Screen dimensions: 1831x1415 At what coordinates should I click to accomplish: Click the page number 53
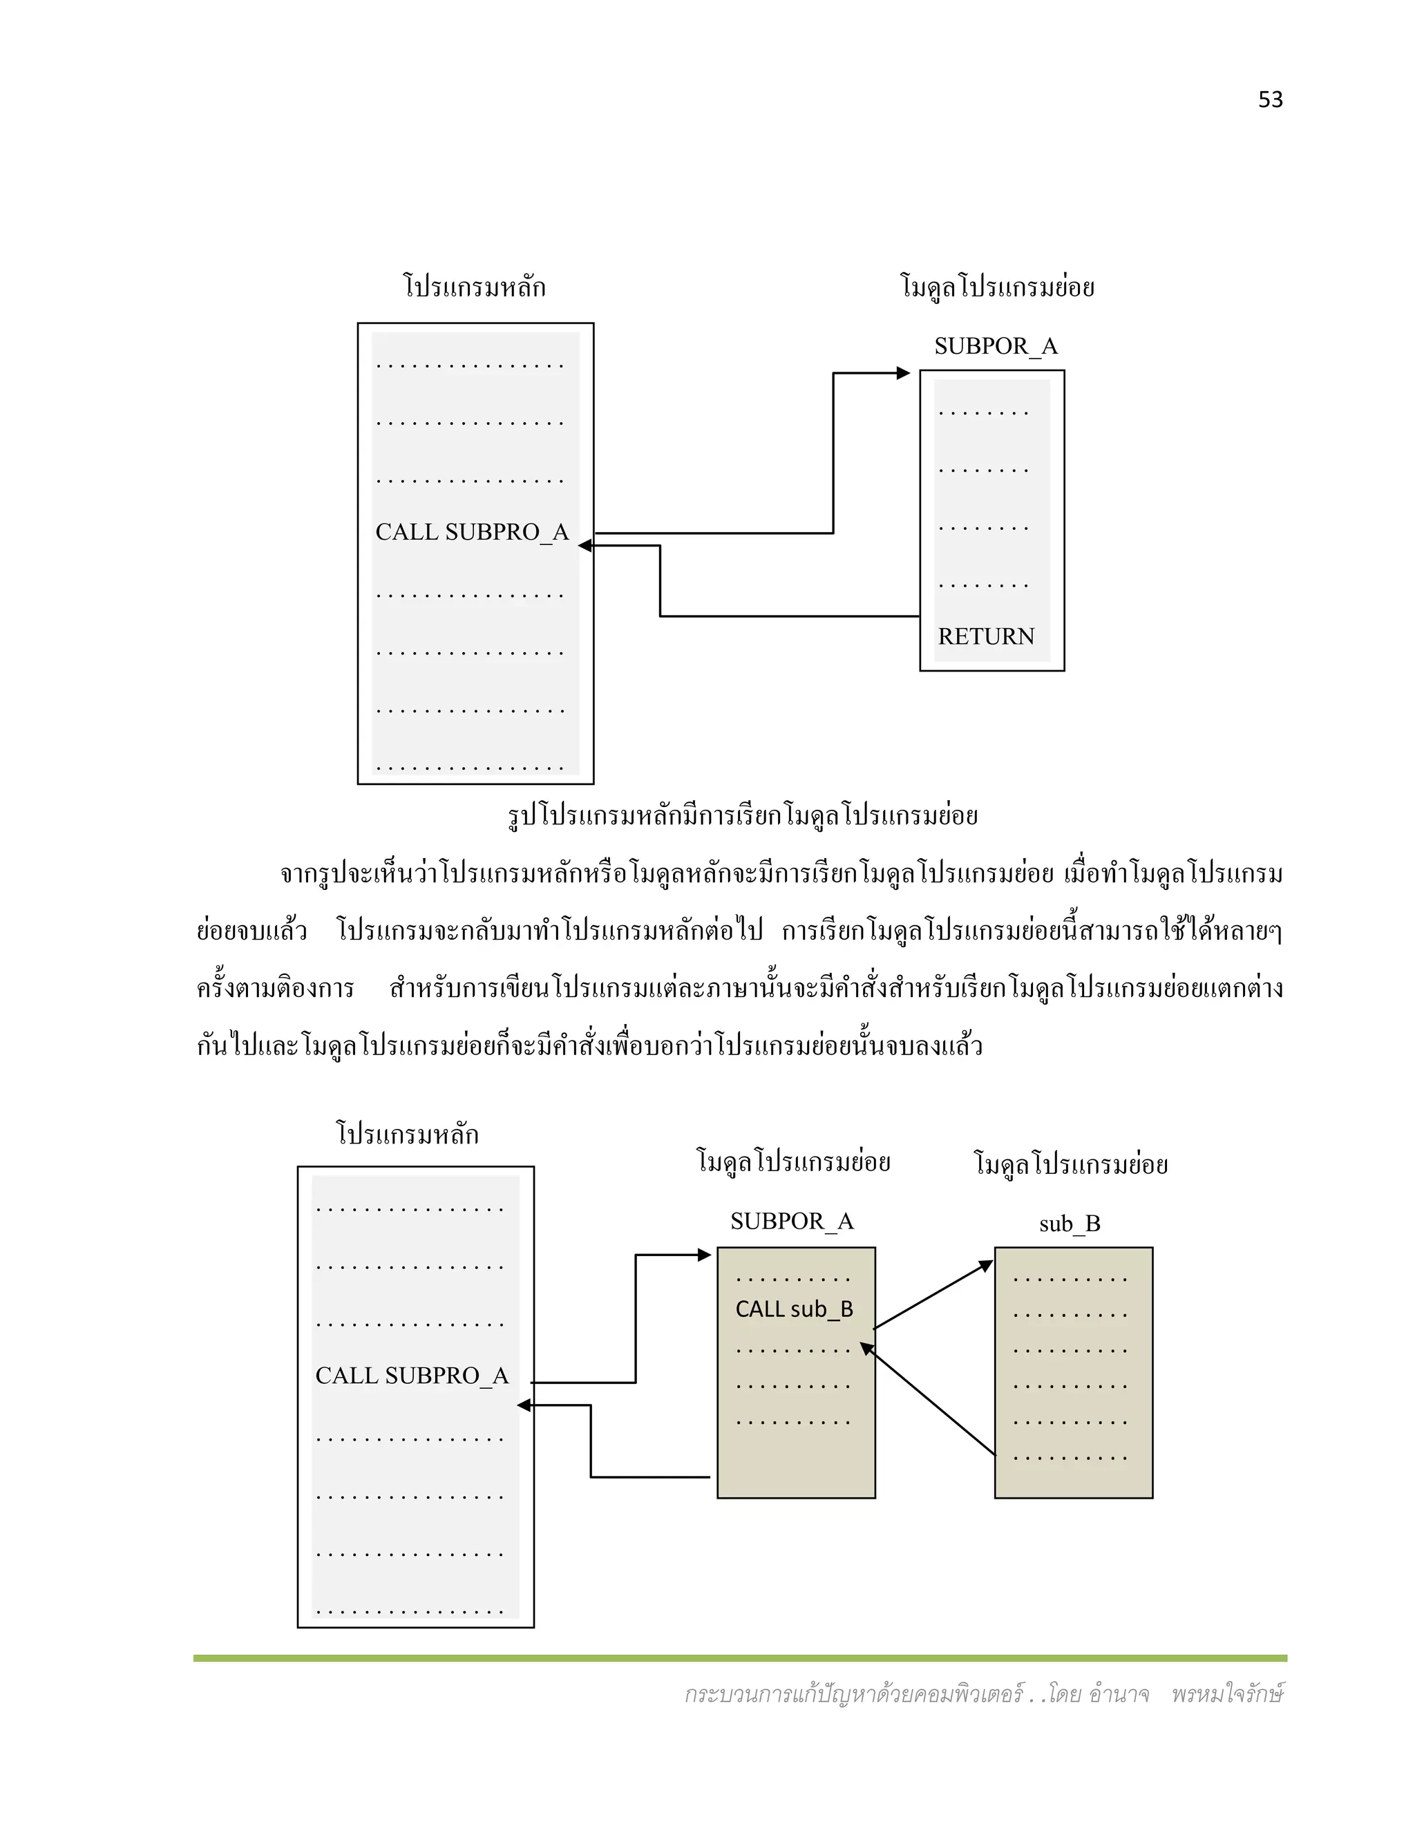(1270, 99)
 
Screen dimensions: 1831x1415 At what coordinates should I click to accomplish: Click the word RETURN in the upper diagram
(986, 636)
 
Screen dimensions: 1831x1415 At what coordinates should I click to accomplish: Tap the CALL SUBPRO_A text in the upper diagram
(472, 531)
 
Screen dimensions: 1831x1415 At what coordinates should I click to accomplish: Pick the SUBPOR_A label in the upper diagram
(996, 345)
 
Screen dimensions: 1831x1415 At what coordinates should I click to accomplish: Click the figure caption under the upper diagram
(743, 815)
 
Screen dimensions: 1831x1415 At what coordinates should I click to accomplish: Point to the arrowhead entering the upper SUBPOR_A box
(904, 373)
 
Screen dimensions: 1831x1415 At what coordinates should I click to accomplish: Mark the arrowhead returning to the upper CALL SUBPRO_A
(585, 546)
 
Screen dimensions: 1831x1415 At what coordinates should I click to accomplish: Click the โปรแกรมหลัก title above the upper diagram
(475, 287)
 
